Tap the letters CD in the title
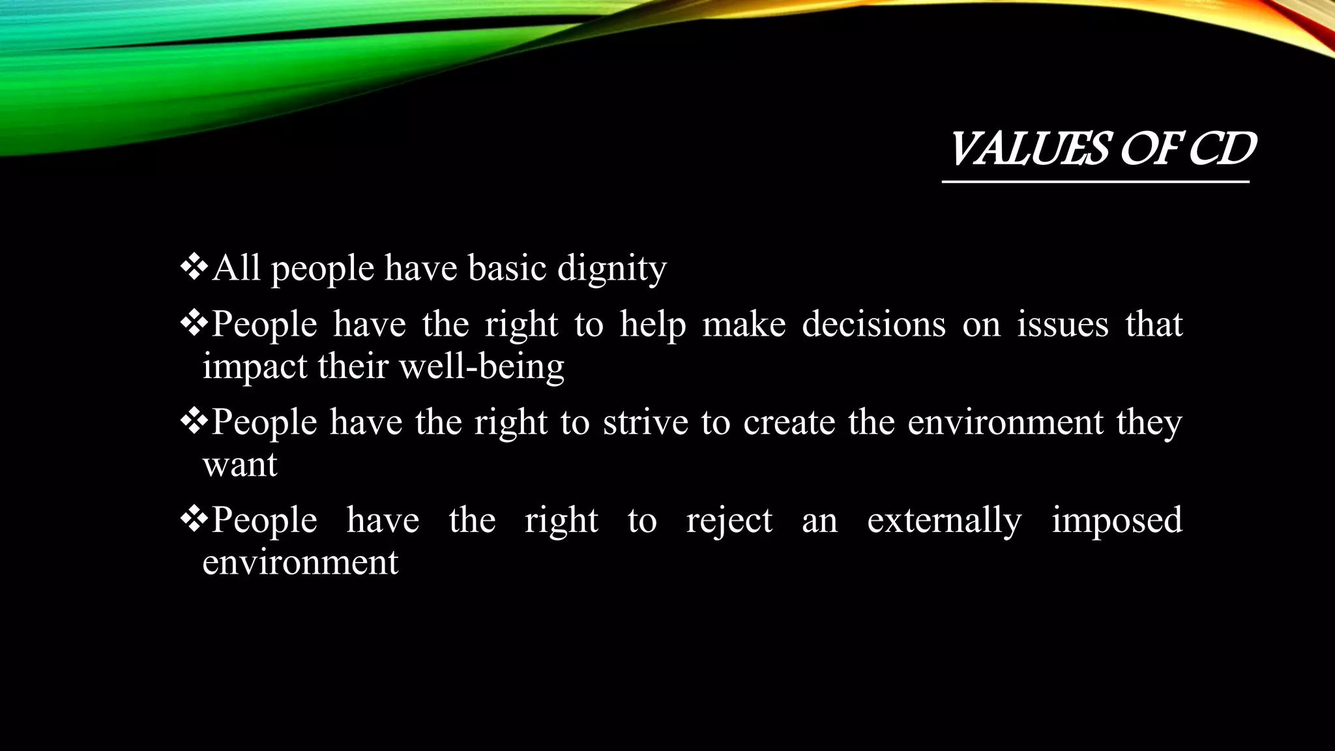click(x=1222, y=150)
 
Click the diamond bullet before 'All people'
click(x=194, y=267)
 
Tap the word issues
click(x=1063, y=324)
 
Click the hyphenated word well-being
click(x=481, y=366)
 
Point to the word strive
click(x=645, y=422)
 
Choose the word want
click(x=240, y=465)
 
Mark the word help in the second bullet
click(x=653, y=324)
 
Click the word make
click(x=744, y=324)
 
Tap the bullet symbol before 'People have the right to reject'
click(x=194, y=520)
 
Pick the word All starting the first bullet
click(x=236, y=269)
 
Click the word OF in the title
click(x=1149, y=150)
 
